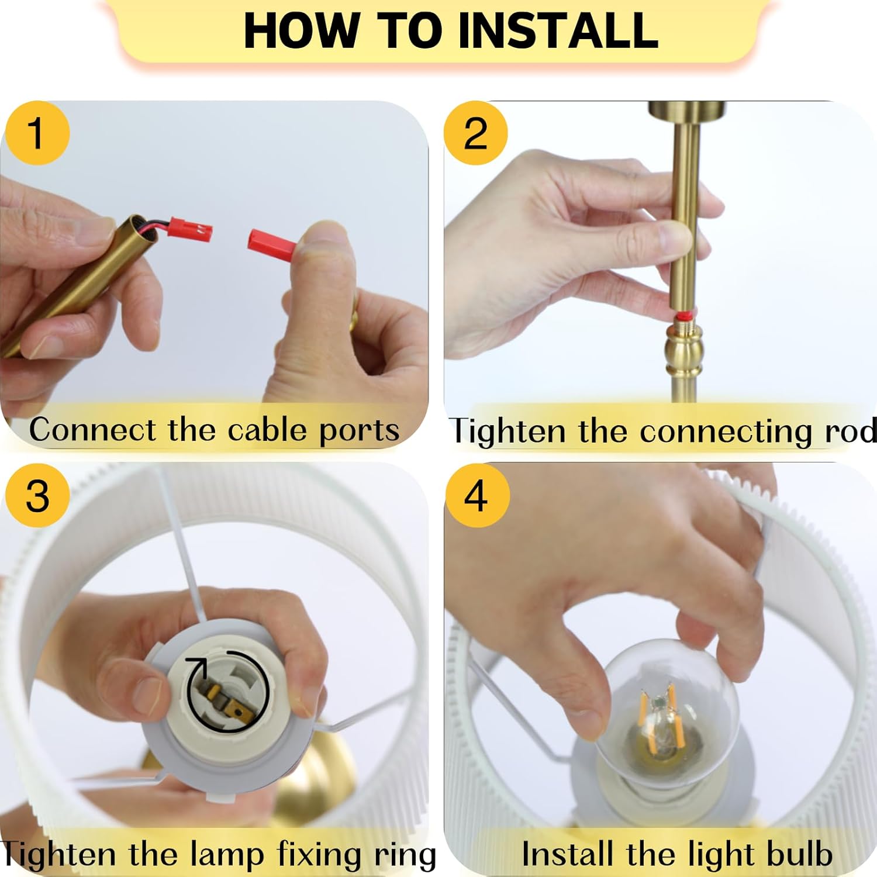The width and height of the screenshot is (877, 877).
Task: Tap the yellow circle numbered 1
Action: coord(37,133)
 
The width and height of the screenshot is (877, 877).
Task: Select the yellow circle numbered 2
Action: coord(475,133)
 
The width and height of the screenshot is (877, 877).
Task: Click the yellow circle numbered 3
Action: coord(37,495)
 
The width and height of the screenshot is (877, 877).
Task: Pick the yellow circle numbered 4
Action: coord(477,495)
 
